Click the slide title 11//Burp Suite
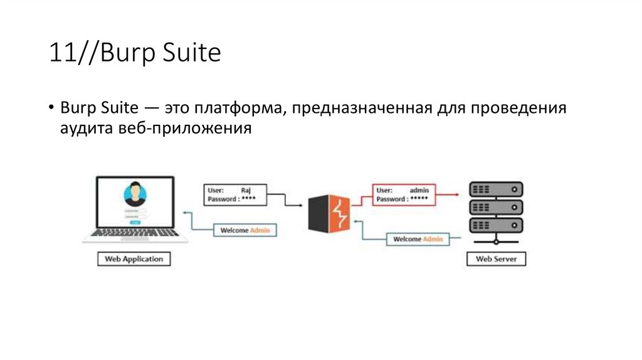tap(135, 54)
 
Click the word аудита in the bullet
tap(87, 129)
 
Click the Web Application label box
tap(134, 258)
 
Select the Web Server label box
tap(496, 258)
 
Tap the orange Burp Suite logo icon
tap(328, 213)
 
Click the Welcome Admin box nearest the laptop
tap(245, 230)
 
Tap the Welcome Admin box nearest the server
tap(418, 239)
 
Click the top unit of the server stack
tap(496, 189)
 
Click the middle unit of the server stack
tap(496, 207)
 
